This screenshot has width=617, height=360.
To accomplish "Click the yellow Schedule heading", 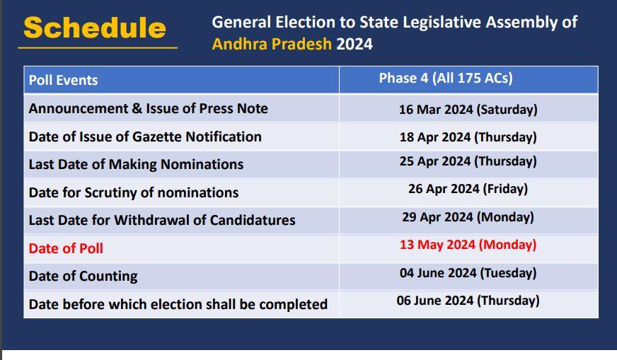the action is pyautogui.click(x=94, y=28).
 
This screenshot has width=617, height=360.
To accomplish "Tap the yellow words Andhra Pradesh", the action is pyautogui.click(x=272, y=44).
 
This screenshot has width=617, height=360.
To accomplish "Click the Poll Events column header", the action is pyautogui.click(x=64, y=80).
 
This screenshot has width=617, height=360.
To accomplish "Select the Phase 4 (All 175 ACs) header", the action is pyautogui.click(x=446, y=79).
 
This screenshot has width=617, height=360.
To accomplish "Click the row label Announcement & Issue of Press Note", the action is pyautogui.click(x=149, y=108).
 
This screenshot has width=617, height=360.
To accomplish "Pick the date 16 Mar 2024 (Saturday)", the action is pyautogui.click(x=468, y=110).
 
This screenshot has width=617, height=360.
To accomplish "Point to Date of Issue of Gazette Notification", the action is pyautogui.click(x=145, y=137).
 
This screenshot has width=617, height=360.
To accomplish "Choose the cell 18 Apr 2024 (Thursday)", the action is pyautogui.click(x=468, y=137).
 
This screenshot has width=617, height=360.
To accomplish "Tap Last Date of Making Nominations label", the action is pyautogui.click(x=136, y=164).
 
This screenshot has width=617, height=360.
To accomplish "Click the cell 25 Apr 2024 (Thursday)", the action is pyautogui.click(x=468, y=161).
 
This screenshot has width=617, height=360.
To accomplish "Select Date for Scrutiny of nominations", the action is pyautogui.click(x=134, y=192).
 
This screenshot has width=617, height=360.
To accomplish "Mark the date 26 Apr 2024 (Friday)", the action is pyautogui.click(x=468, y=189).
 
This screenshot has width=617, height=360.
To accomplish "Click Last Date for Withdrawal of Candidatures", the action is pyautogui.click(x=162, y=220).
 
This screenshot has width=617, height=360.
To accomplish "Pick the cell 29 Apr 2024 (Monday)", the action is pyautogui.click(x=468, y=217).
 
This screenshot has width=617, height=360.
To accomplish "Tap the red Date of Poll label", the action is pyautogui.click(x=66, y=248).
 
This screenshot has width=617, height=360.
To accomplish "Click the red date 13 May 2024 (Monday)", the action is pyautogui.click(x=468, y=245).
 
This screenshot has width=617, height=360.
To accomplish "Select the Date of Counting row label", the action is pyautogui.click(x=83, y=277).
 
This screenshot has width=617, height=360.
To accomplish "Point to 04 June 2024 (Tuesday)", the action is pyautogui.click(x=468, y=273).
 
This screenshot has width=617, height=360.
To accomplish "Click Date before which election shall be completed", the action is pyautogui.click(x=178, y=304).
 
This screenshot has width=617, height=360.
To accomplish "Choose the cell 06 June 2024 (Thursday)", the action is pyautogui.click(x=468, y=301).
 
